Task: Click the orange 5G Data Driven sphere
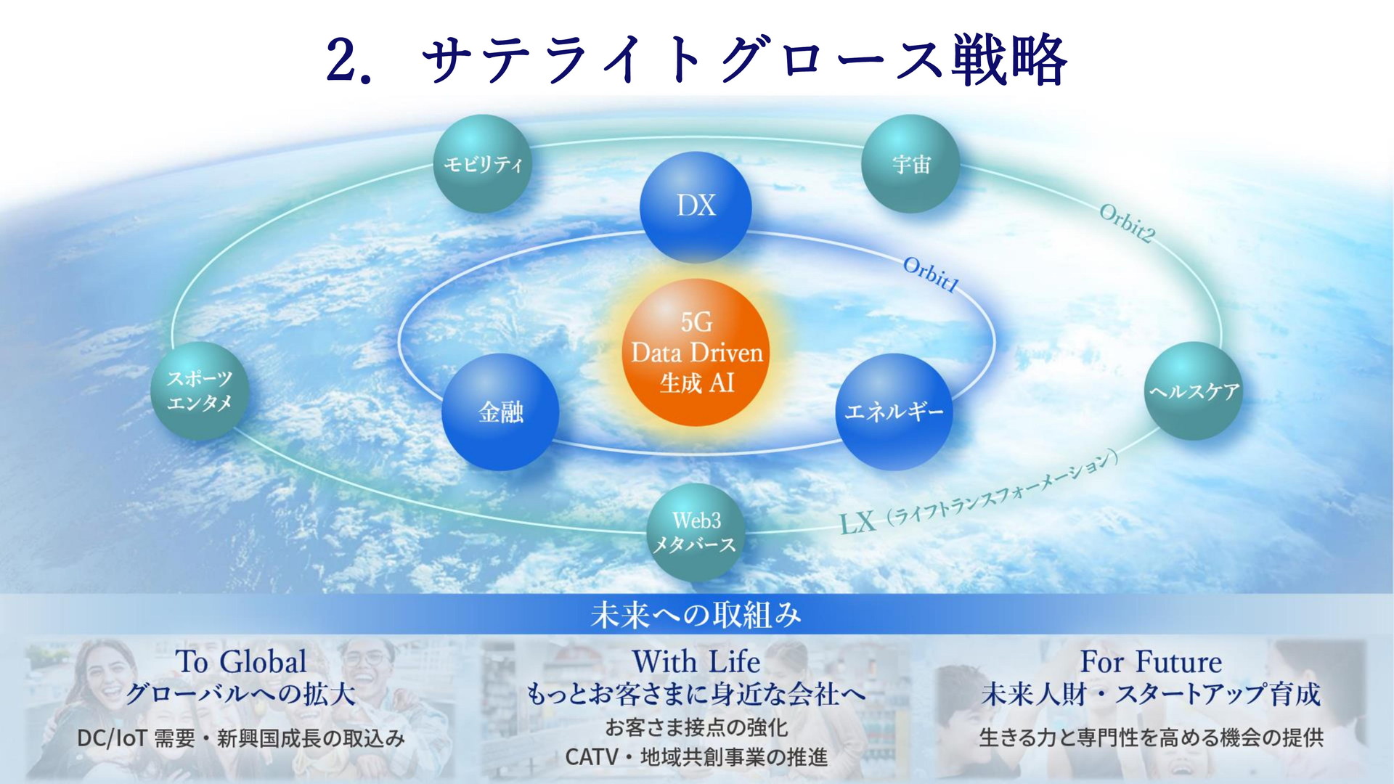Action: [x=696, y=353]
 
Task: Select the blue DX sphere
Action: [x=696, y=207]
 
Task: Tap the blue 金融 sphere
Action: [x=500, y=412]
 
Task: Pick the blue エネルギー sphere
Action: [x=894, y=412]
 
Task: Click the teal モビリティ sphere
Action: [x=482, y=164]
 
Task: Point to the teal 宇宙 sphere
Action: [x=910, y=164]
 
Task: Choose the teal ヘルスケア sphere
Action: [x=1194, y=391]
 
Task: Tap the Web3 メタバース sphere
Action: [x=695, y=532]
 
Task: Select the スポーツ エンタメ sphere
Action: [x=200, y=391]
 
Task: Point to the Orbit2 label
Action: [x=1126, y=224]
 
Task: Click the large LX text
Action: [x=857, y=522]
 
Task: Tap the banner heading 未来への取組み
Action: [x=696, y=615]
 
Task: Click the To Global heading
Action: [x=241, y=662]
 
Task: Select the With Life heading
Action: [x=696, y=662]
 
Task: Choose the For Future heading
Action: [x=1151, y=662]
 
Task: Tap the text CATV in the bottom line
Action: [x=591, y=757]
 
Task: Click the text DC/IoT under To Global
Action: [x=112, y=738]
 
